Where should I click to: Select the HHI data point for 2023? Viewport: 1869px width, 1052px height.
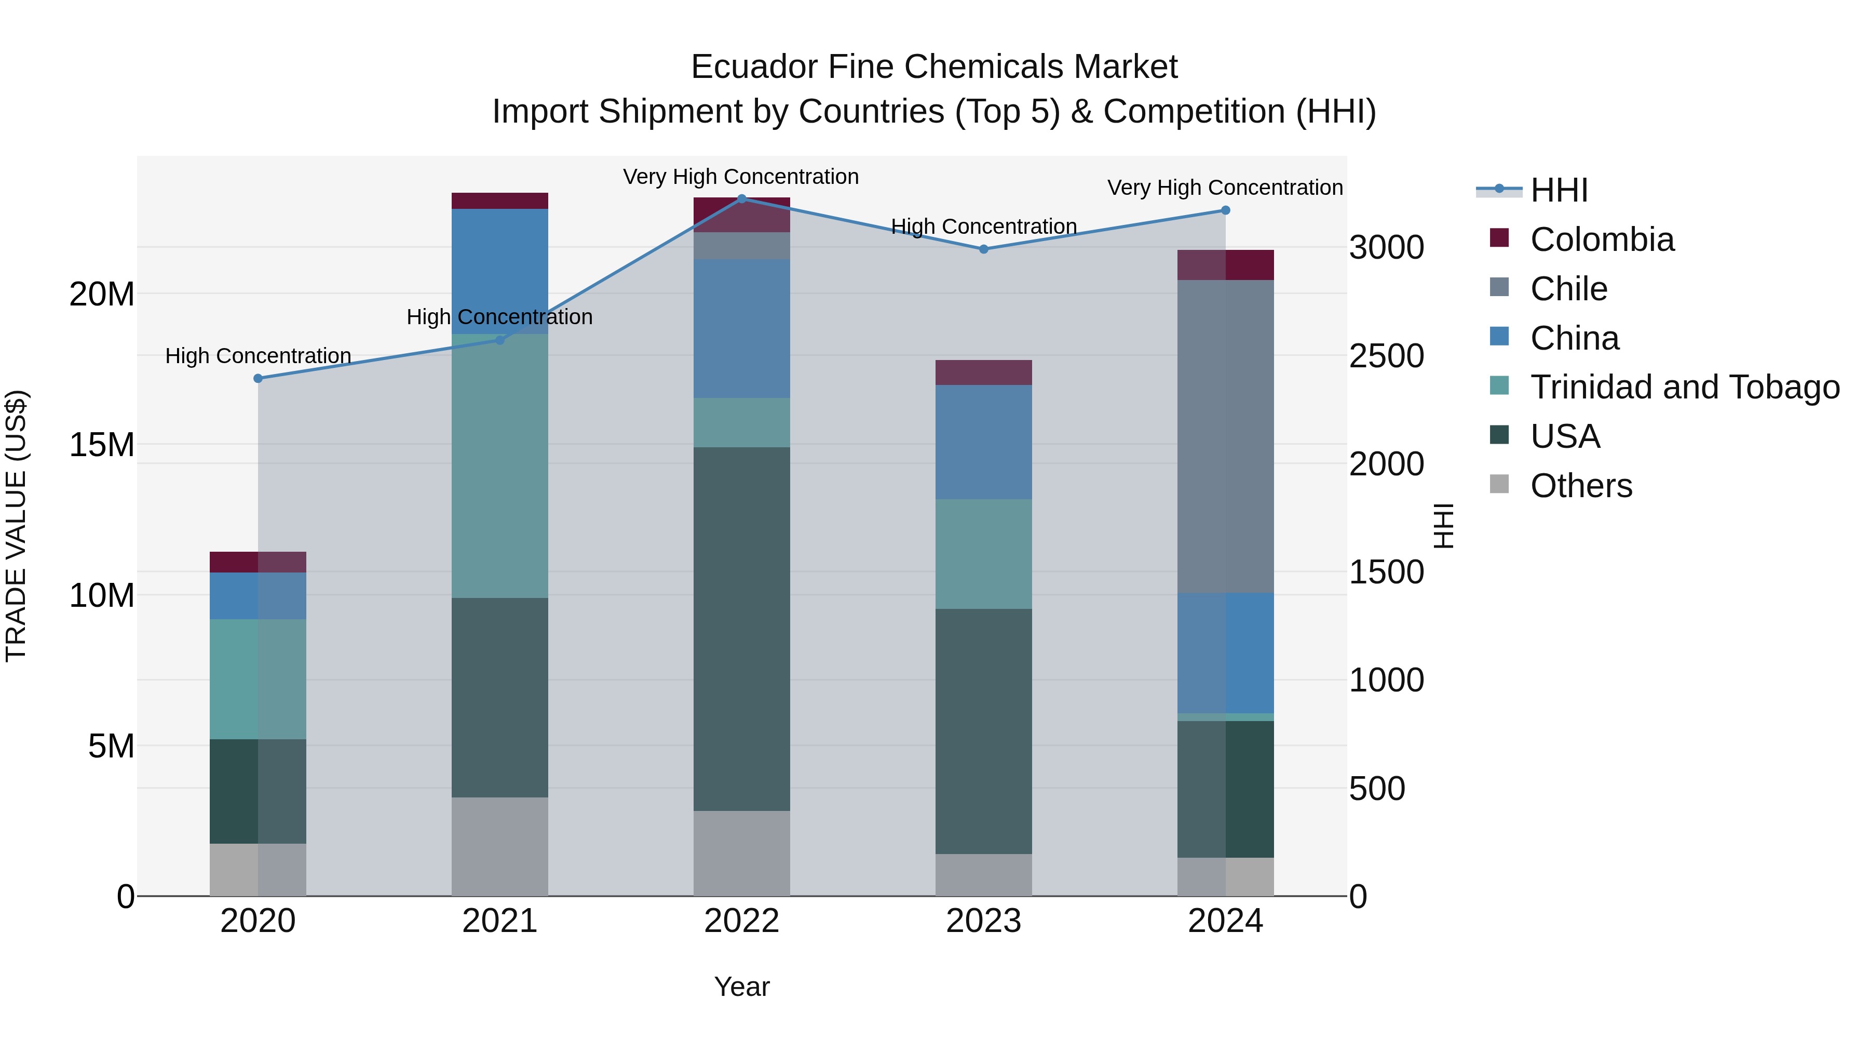[x=984, y=249]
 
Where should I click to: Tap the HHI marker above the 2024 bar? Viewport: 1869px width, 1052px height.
[x=1225, y=210]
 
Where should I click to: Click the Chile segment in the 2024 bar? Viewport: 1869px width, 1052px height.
[x=1225, y=436]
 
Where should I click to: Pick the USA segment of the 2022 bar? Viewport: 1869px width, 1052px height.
[x=741, y=628]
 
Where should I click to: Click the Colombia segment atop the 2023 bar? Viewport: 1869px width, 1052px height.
[x=984, y=372]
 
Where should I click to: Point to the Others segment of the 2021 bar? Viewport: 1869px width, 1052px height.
[x=500, y=847]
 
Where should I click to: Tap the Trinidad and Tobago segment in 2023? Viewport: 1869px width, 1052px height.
[x=984, y=554]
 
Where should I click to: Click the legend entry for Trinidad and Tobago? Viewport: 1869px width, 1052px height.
[x=1685, y=387]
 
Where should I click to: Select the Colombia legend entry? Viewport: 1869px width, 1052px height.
[x=1602, y=239]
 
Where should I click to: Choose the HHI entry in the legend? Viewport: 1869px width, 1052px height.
[x=1559, y=190]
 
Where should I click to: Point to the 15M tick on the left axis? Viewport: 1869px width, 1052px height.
[x=102, y=444]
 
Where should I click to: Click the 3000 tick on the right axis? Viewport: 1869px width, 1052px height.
[x=1386, y=248]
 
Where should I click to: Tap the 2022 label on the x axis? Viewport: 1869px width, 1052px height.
[x=741, y=921]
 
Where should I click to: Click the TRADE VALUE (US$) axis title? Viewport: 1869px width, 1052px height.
[x=16, y=526]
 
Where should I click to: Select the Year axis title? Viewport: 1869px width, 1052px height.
[x=741, y=987]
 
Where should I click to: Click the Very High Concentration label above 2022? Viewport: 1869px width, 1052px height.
[x=741, y=177]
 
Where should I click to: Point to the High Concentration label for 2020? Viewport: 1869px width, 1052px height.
[x=259, y=356]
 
